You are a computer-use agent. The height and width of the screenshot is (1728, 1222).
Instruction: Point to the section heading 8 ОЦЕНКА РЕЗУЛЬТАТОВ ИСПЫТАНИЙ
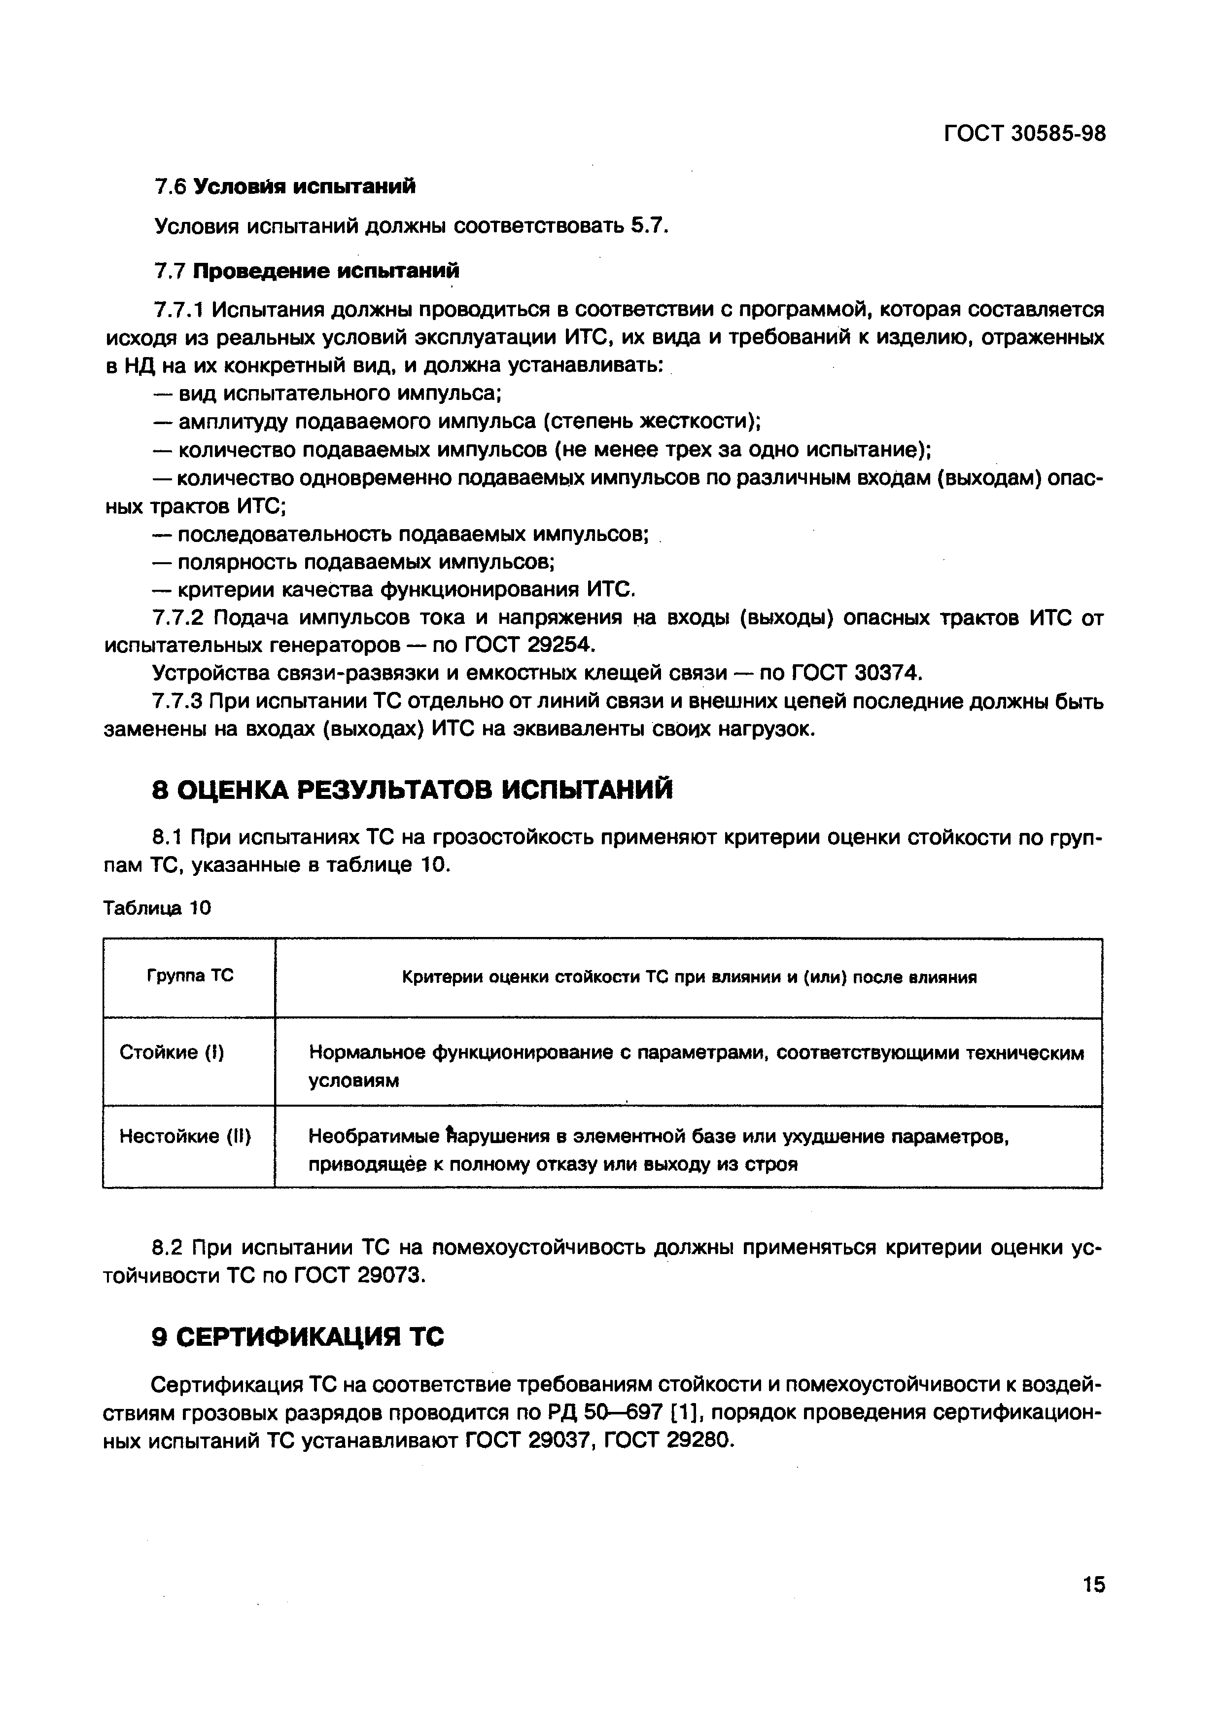pyautogui.click(x=413, y=790)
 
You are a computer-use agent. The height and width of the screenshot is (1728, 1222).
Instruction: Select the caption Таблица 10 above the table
pyautogui.click(x=157, y=908)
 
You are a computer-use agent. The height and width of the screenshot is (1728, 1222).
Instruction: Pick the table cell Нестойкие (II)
pyautogui.click(x=185, y=1136)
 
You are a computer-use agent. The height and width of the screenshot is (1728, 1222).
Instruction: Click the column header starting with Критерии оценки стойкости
pyautogui.click(x=689, y=977)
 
